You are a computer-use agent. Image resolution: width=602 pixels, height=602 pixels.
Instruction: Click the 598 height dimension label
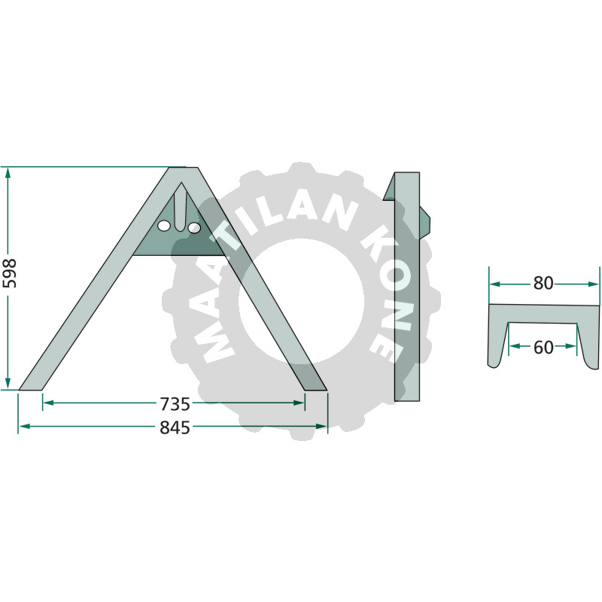pyautogui.click(x=9, y=273)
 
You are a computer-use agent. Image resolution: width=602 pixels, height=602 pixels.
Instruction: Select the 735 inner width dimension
pyautogui.click(x=175, y=404)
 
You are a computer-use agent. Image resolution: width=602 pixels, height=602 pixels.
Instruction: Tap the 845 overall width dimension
pyautogui.click(x=175, y=427)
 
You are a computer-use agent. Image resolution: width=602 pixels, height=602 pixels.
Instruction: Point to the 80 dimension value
pyautogui.click(x=543, y=284)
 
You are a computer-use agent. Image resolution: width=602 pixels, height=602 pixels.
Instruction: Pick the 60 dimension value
pyautogui.click(x=543, y=348)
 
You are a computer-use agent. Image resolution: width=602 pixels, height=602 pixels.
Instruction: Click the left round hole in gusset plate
pyautogui.click(x=164, y=227)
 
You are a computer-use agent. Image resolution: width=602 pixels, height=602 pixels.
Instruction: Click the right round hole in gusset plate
pyautogui.click(x=194, y=228)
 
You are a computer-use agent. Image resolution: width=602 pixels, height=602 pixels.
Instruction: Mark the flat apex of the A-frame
pyautogui.click(x=184, y=168)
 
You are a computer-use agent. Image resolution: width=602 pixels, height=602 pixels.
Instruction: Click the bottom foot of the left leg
pyautogui.click(x=30, y=389)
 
